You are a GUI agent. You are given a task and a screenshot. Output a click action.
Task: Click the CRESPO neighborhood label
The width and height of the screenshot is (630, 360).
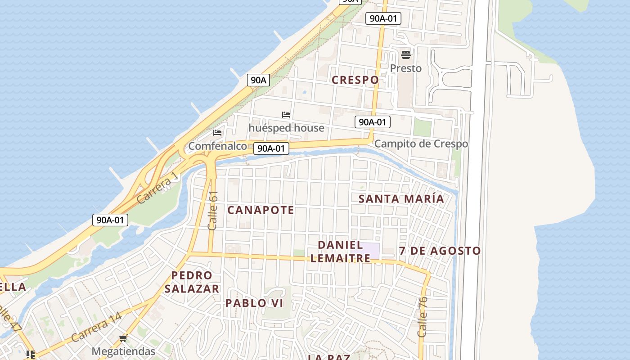(x=355, y=80)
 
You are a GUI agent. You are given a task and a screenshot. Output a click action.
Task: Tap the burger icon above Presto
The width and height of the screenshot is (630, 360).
(x=406, y=55)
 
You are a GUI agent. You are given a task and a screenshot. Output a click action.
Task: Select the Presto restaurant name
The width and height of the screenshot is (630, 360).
(x=405, y=68)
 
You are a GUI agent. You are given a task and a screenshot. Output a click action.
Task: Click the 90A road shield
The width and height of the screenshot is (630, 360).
(x=258, y=81)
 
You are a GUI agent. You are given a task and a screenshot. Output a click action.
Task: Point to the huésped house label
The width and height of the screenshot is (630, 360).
(x=286, y=128)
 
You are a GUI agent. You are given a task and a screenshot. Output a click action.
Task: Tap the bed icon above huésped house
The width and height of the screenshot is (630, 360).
(x=286, y=115)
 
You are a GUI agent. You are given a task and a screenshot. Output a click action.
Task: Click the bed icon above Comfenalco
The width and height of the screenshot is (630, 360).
(x=217, y=133)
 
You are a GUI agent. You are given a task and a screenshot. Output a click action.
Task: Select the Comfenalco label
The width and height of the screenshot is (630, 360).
(x=217, y=146)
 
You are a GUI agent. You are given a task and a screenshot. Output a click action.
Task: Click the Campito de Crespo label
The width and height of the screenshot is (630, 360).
(x=421, y=144)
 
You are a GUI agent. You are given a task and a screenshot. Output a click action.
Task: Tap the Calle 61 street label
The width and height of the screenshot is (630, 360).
(x=213, y=210)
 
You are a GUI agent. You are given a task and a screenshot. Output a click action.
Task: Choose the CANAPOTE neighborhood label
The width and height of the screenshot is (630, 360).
(x=261, y=210)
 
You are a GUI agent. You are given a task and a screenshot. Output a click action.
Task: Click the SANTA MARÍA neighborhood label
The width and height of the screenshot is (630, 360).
(x=401, y=198)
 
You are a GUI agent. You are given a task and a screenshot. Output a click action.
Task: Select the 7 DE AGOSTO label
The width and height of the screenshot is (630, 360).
(x=440, y=251)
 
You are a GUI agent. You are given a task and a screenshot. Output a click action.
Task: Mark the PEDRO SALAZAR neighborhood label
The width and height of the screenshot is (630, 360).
(x=192, y=282)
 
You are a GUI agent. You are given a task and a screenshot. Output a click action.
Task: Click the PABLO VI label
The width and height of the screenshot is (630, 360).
(x=254, y=303)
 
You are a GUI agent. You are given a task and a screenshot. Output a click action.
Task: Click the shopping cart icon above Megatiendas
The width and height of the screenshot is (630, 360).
(x=123, y=338)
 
